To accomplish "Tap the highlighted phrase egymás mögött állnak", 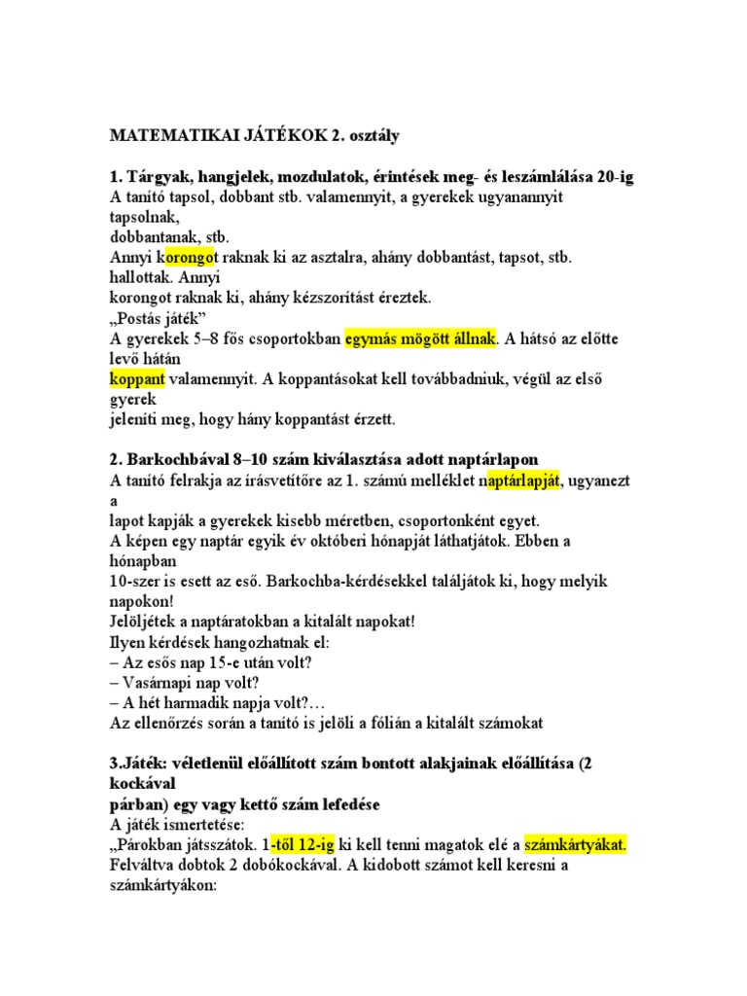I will [420, 339].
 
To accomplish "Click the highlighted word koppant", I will [136, 378].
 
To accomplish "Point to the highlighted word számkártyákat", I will [575, 844].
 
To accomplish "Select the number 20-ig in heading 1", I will [611, 176].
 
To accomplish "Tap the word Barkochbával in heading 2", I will [180, 459].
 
